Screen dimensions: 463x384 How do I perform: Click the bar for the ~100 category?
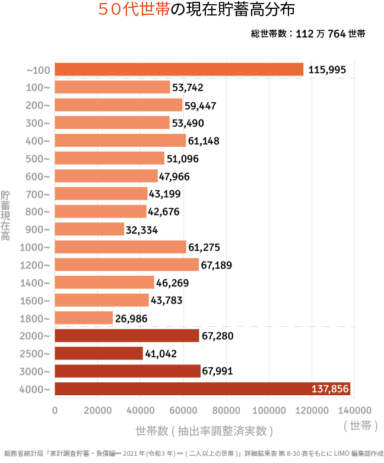179,70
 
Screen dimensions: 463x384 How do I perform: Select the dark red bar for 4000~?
202,389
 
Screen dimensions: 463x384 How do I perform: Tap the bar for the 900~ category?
90,229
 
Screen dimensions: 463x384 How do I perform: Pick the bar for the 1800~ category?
84,318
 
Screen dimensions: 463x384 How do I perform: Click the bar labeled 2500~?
99,354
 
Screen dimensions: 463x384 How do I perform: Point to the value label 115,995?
327,70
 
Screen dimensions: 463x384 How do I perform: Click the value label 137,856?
330,389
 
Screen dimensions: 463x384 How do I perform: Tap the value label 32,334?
141,229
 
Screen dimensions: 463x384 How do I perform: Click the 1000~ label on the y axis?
36,247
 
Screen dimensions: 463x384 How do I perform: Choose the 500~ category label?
39,159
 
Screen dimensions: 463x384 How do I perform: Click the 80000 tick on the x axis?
226,410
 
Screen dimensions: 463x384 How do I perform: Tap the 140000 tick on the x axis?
354,410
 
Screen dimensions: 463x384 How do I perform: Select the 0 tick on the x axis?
55,410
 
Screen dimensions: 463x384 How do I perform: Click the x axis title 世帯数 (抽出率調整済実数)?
204,430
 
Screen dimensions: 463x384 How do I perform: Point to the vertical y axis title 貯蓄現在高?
5,215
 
